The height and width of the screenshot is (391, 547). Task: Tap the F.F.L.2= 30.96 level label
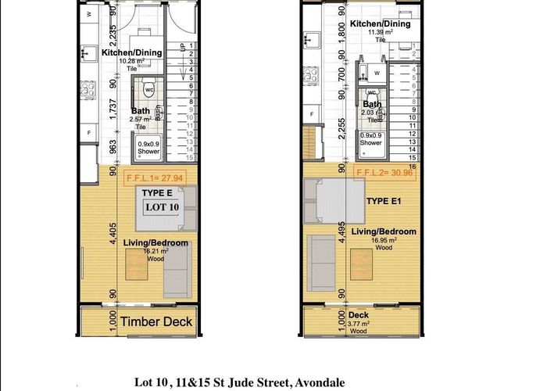point(383,172)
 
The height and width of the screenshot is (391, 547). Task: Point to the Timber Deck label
point(156,321)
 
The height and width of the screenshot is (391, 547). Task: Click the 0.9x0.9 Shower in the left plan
point(148,148)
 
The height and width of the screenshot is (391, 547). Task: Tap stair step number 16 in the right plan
point(412,167)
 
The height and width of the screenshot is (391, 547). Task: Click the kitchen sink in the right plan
point(310,38)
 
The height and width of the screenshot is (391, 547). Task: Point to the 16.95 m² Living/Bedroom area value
point(383,240)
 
